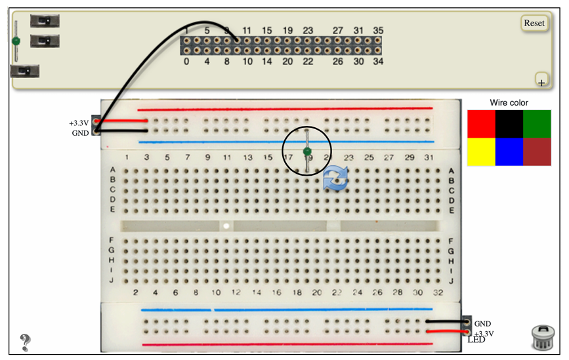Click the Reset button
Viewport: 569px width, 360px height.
(x=534, y=23)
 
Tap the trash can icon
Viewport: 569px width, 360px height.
(x=542, y=337)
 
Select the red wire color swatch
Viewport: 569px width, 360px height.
(x=481, y=124)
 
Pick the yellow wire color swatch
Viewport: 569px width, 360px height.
(x=481, y=151)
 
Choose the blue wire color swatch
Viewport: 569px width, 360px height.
(x=509, y=151)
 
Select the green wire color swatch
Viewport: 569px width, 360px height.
(x=537, y=124)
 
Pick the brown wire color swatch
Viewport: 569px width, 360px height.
(x=537, y=151)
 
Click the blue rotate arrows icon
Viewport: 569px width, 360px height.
(x=336, y=178)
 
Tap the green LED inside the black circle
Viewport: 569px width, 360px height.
(x=306, y=152)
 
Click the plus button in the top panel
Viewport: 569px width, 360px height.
(x=541, y=81)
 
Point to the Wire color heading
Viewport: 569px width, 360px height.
(x=509, y=103)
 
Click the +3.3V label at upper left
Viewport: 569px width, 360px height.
(x=79, y=123)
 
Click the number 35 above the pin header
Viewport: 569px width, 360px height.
(x=378, y=31)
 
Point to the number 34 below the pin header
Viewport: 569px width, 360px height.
(x=378, y=62)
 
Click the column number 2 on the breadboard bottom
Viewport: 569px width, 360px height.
(x=135, y=292)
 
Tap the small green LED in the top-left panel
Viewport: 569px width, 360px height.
(x=16, y=41)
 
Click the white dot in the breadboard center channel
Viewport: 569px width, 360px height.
(x=226, y=226)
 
